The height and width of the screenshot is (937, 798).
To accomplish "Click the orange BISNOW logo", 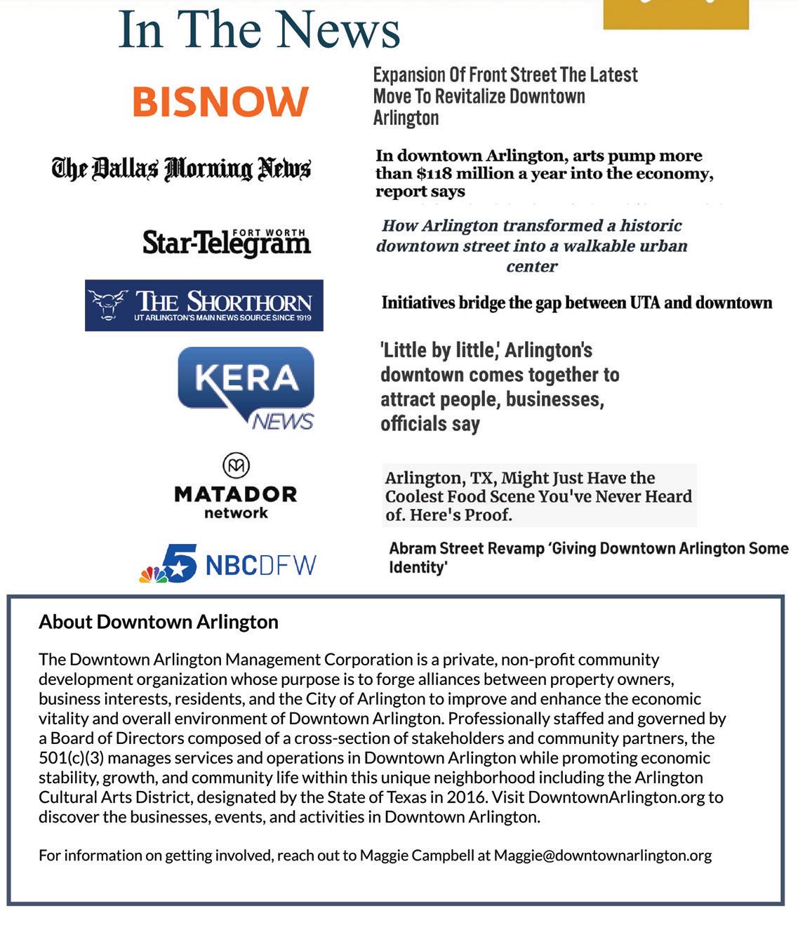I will pyautogui.click(x=220, y=102).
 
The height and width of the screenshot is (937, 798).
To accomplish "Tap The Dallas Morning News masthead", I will pyautogui.click(x=181, y=168).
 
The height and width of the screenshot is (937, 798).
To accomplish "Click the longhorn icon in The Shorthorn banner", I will pyautogui.click(x=108, y=304).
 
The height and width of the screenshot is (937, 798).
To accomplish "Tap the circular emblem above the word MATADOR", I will pyautogui.click(x=236, y=465).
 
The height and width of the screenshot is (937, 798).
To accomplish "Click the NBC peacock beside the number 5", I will pyautogui.click(x=153, y=575).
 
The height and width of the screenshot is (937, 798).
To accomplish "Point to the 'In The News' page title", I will pyautogui.click(x=259, y=29).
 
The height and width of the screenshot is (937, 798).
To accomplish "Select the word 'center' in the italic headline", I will pyautogui.click(x=531, y=267).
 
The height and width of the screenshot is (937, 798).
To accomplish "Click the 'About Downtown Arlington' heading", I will pyautogui.click(x=159, y=622).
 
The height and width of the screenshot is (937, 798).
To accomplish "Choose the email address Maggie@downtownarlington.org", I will pyautogui.click(x=602, y=856).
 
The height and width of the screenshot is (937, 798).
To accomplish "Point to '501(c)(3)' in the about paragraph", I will pyautogui.click(x=71, y=758).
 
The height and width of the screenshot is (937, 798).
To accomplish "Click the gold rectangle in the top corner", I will pyautogui.click(x=675, y=14).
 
